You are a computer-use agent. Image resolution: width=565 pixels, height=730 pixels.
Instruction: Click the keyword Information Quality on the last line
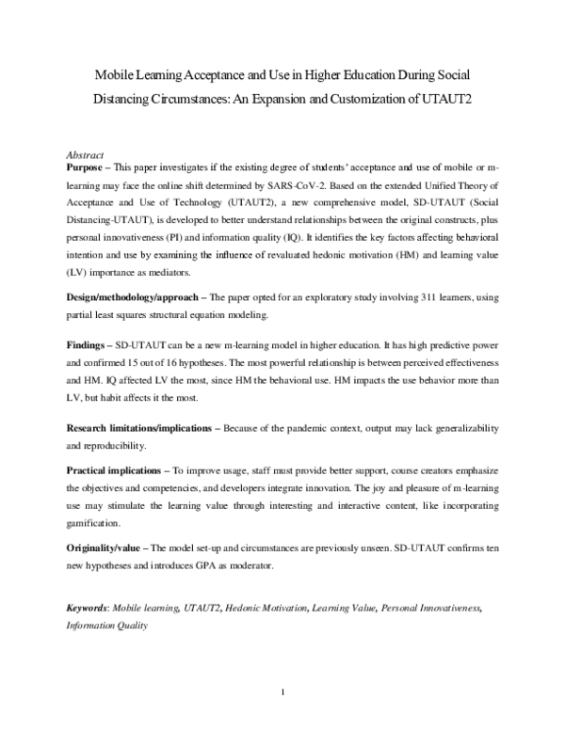click(x=106, y=625)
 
